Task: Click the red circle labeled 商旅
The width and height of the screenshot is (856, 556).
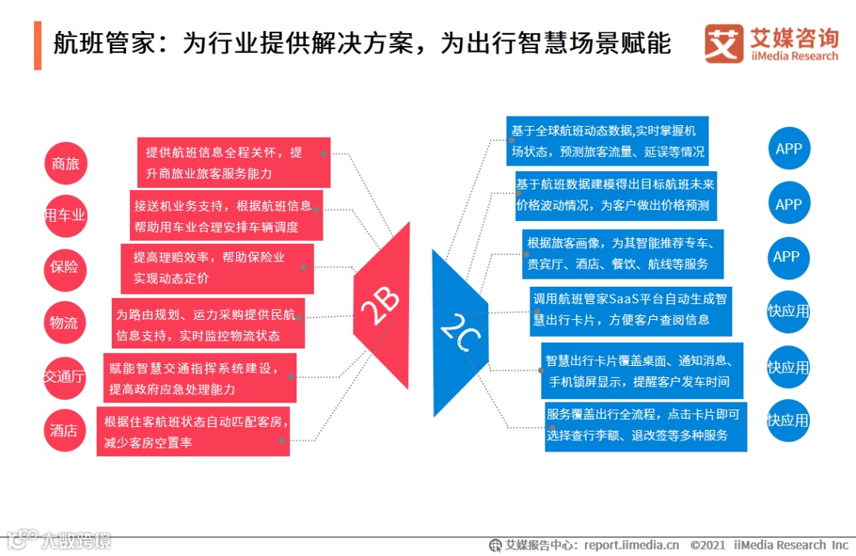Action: (65, 165)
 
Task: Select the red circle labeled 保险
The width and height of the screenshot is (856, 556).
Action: (65, 268)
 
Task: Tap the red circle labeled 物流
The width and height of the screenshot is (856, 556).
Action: (65, 322)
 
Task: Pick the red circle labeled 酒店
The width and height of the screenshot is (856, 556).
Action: (65, 431)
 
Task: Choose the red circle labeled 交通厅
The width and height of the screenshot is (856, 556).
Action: (65, 377)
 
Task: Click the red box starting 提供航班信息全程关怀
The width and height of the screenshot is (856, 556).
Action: (234, 162)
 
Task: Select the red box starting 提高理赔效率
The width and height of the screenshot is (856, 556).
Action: (217, 268)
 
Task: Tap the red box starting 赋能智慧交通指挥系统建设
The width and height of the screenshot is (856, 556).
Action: (200, 378)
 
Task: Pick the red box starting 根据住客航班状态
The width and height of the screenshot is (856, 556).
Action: (193, 431)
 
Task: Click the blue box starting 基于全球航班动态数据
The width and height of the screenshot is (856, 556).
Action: (607, 141)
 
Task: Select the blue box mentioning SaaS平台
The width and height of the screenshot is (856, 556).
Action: (630, 310)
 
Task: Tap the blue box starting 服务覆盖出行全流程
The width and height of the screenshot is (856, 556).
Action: (644, 425)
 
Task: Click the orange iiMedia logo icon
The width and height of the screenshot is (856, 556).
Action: (724, 44)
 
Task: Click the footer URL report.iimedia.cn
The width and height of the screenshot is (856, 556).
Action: (632, 545)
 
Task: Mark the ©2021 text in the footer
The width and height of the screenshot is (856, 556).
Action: (709, 545)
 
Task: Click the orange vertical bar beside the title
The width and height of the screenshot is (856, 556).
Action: (37, 46)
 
